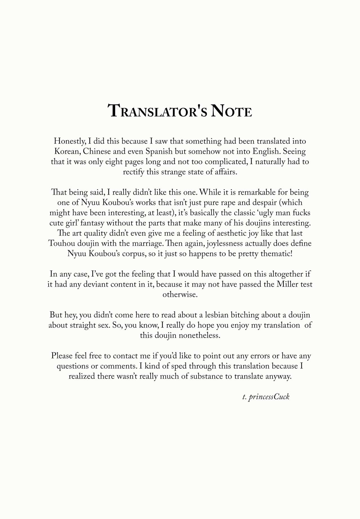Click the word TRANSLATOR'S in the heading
pyautogui.click(x=157, y=111)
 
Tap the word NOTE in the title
pyautogui.click(x=231, y=111)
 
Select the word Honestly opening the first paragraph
pyautogui.click(x=69, y=141)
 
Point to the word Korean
pyautogui.click(x=67, y=152)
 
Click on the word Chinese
pyautogui.click(x=97, y=152)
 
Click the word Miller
pyautogui.click(x=287, y=284)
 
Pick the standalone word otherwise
pyautogui.click(x=180, y=295)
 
